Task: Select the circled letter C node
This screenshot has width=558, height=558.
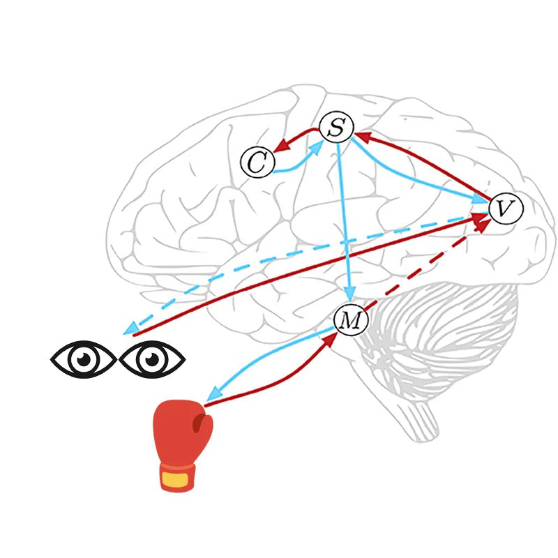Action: click(256, 163)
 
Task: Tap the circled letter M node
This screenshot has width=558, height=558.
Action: click(351, 320)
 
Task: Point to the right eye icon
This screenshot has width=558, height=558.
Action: click(151, 359)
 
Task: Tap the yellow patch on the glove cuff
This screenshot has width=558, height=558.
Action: click(174, 479)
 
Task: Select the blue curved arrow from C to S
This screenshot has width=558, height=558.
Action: click(296, 163)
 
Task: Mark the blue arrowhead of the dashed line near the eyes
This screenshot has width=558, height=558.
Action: click(130, 329)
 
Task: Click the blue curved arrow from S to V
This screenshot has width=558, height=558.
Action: click(418, 181)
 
